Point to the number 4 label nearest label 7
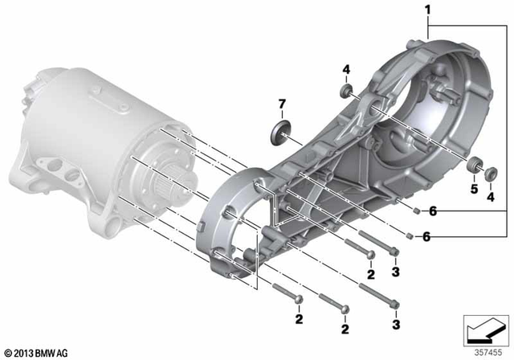(x=346, y=70)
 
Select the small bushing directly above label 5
(x=474, y=168)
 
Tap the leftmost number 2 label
(x=298, y=320)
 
